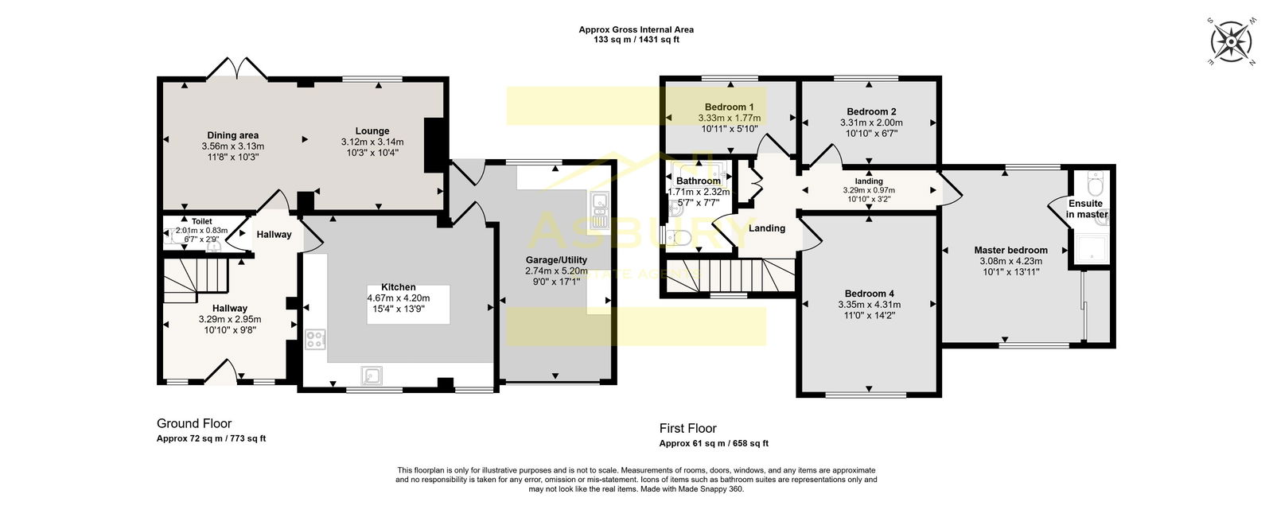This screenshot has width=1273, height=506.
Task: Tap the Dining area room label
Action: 232,135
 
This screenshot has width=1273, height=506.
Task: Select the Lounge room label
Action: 372,130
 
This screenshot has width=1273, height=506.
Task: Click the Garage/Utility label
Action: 556,260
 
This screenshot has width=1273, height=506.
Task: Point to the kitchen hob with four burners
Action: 315,340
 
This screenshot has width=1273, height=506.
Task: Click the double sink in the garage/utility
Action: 598,211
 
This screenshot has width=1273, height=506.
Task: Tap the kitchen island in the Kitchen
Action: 408,304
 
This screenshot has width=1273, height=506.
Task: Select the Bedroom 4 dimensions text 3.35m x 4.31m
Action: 869,305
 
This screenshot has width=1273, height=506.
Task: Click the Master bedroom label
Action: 1010,250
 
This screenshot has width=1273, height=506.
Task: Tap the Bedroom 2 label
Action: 871,111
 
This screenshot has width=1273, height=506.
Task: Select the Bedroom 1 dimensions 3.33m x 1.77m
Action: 729,118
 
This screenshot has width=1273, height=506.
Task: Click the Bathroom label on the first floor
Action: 698,181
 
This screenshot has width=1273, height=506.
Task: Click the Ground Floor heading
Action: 194,423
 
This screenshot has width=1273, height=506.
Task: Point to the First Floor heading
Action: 687,428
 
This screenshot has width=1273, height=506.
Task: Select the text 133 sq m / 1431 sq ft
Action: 636,40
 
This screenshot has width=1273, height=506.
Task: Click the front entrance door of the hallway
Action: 221,372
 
